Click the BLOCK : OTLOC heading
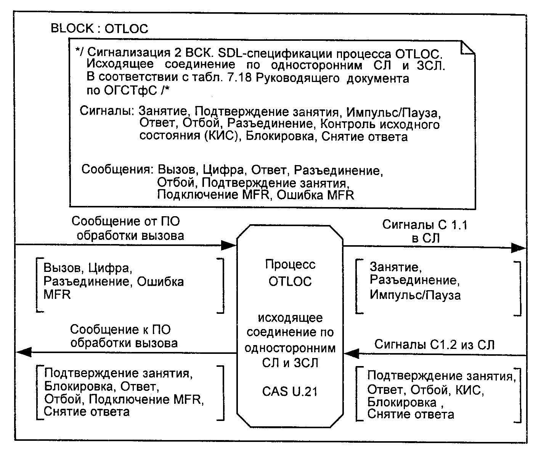(x=100, y=28)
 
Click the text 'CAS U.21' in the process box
(x=290, y=392)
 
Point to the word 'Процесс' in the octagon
(x=290, y=264)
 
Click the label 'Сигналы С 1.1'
(x=425, y=225)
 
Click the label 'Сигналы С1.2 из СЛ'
(x=434, y=345)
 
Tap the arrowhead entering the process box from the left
(x=229, y=245)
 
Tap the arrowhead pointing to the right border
(x=518, y=248)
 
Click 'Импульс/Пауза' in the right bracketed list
(x=415, y=295)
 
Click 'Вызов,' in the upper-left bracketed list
(x=64, y=268)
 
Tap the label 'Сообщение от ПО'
(x=125, y=221)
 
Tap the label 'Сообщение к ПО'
(x=120, y=329)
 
